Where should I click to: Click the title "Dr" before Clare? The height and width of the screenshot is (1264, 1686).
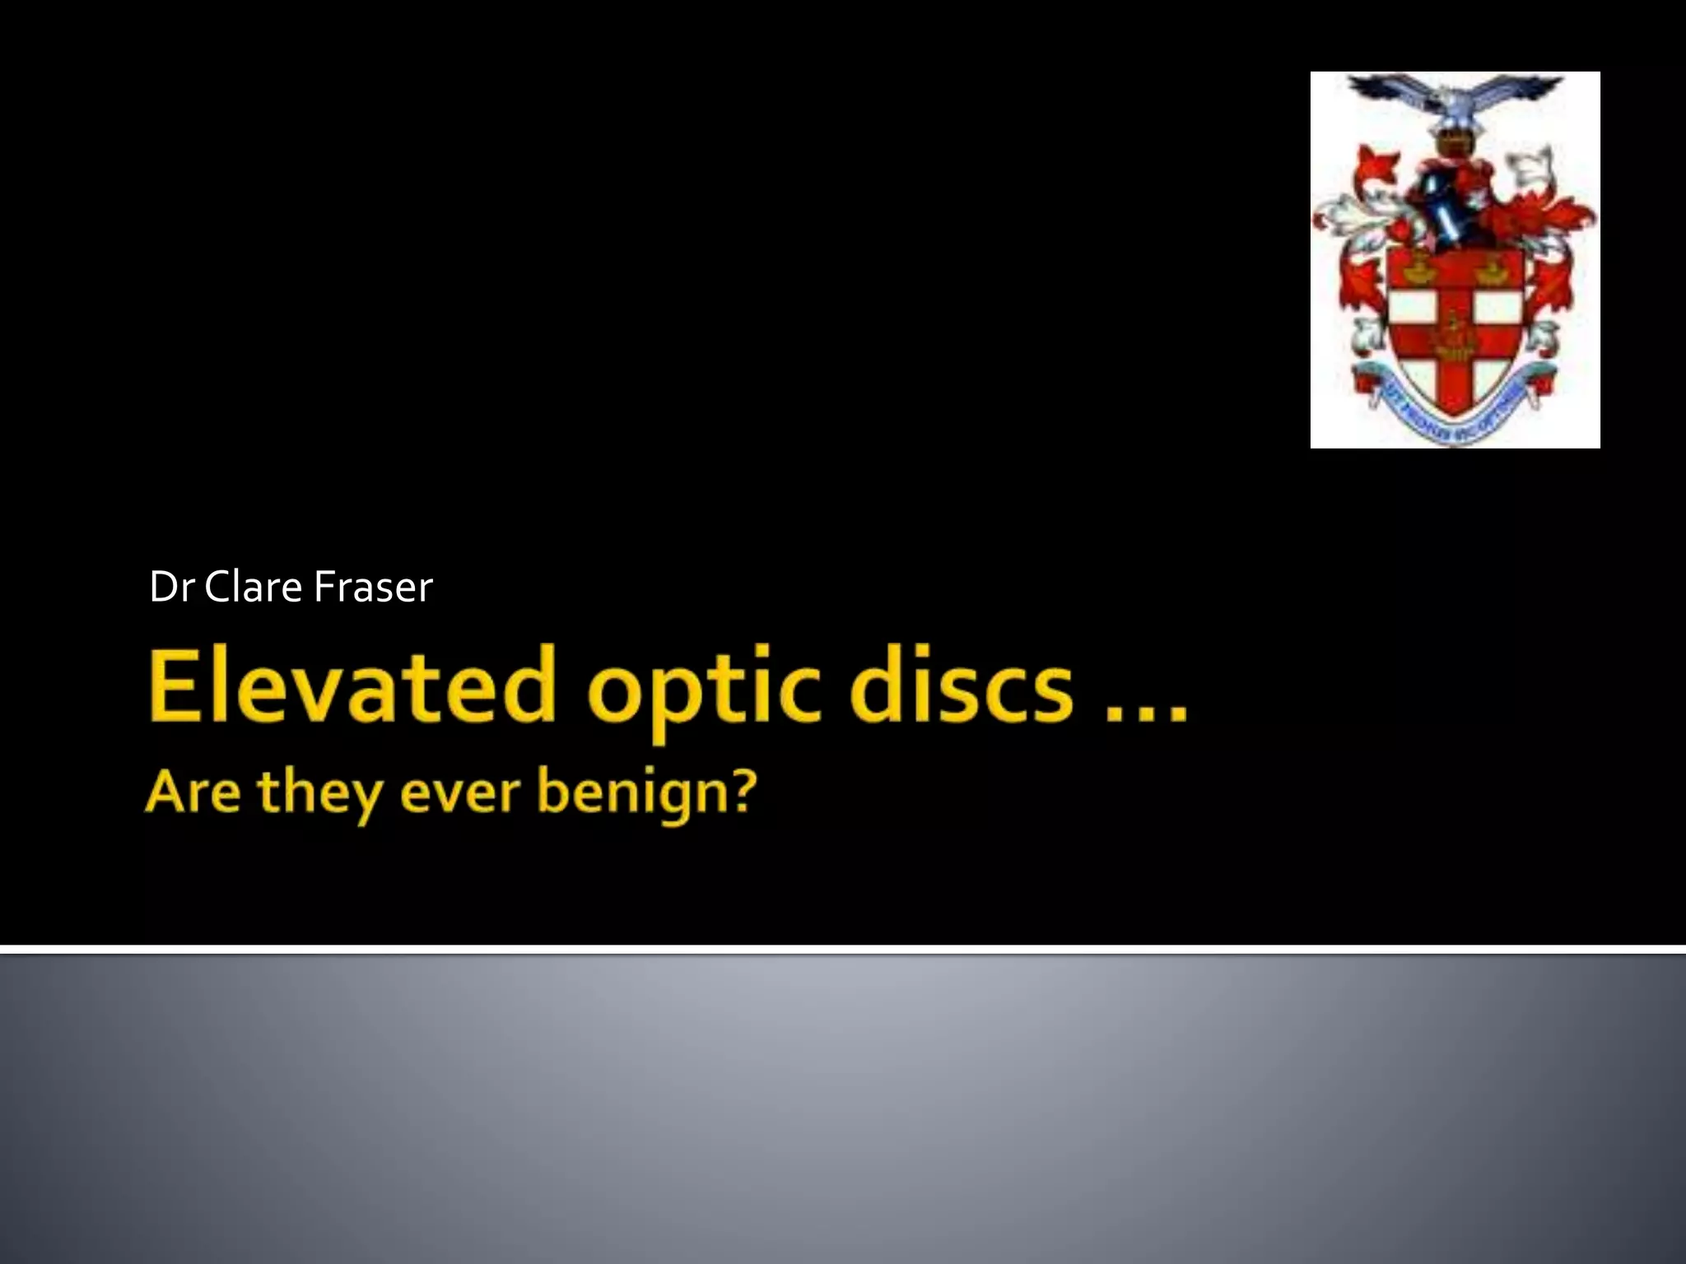pyautogui.click(x=170, y=587)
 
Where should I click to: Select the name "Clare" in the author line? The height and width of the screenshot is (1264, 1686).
pyautogui.click(x=253, y=587)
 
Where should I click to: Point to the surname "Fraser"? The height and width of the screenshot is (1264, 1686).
pyautogui.click(x=373, y=587)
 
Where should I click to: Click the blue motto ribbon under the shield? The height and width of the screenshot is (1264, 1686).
pyautogui.click(x=1454, y=411)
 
